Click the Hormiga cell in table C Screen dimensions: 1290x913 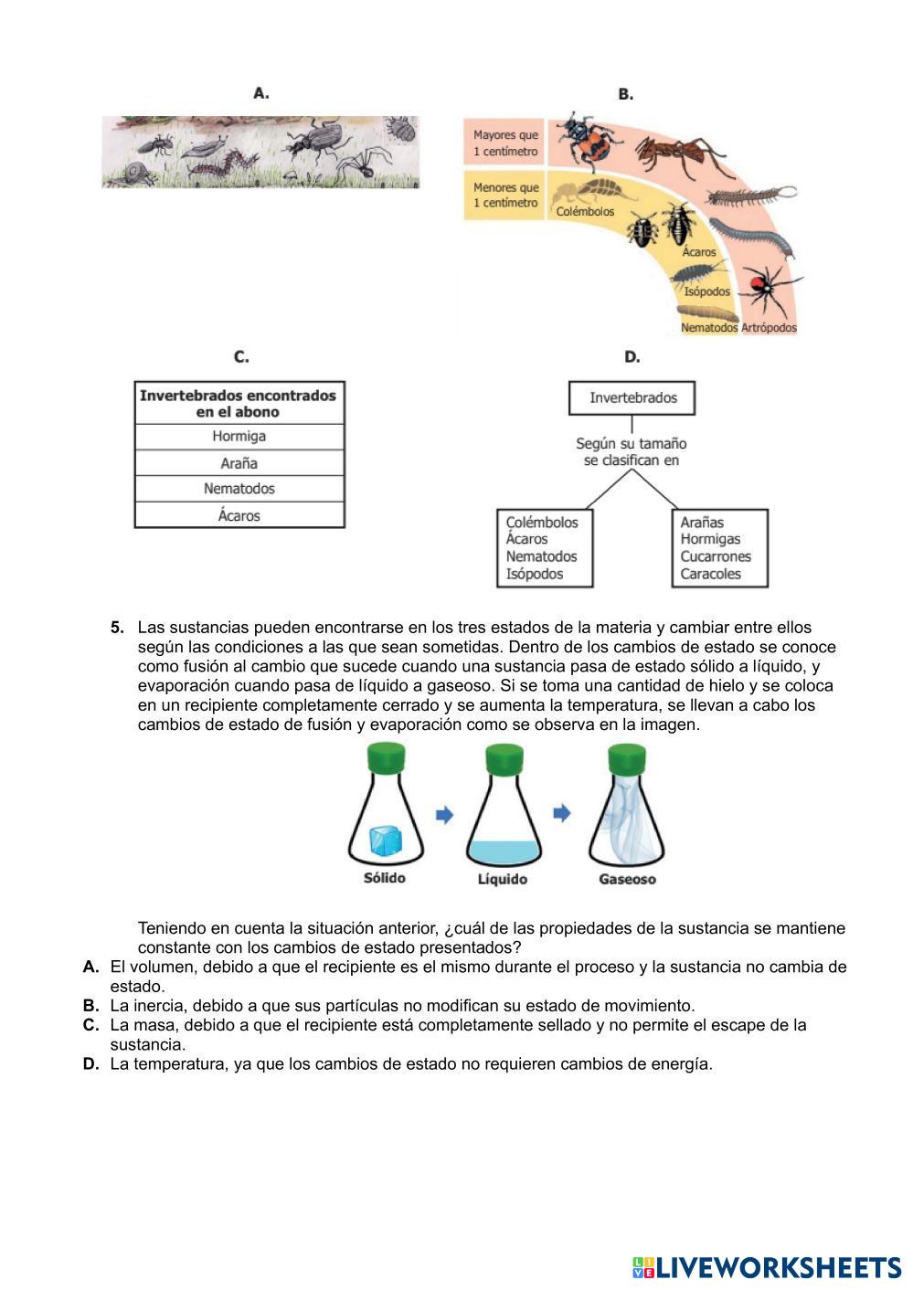click(239, 437)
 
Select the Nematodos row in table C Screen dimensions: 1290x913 click(239, 489)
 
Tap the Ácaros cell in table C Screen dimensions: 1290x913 click(239, 515)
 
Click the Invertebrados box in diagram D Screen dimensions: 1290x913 click(632, 398)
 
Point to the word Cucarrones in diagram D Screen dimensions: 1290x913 click(715, 556)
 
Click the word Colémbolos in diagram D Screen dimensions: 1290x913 click(542, 523)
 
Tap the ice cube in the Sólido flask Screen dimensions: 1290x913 click(384, 840)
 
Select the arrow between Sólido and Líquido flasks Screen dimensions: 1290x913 click(444, 815)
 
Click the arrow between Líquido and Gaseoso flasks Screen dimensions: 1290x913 click(562, 813)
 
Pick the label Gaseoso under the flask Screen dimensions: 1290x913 click(627, 879)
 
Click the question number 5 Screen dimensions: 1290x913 click(117, 628)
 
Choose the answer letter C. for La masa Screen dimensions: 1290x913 click(90, 1025)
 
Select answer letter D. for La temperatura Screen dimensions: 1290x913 click(90, 1063)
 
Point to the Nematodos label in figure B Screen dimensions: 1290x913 click(708, 327)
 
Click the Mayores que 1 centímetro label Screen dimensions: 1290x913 click(505, 143)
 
